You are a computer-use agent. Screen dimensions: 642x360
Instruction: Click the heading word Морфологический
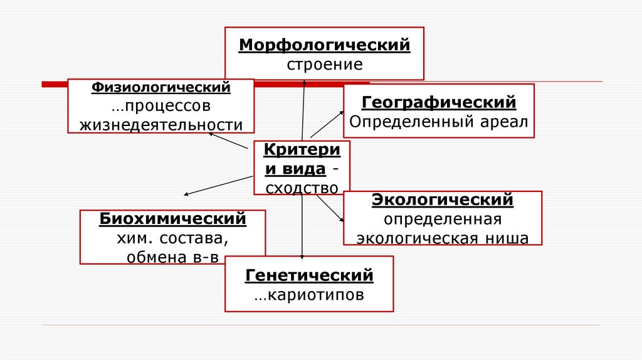pos(324,46)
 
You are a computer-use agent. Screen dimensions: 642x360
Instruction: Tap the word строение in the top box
pos(325,65)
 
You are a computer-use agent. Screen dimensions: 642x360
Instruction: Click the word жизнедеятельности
pos(161,124)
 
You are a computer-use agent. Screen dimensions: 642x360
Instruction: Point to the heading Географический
pos(439,102)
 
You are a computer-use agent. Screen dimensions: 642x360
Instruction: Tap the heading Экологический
pos(443,200)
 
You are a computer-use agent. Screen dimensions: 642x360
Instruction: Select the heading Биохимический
pos(172,220)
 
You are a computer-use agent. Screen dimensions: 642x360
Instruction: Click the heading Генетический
pos(309,275)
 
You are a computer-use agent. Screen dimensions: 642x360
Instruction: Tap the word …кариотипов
pos(309,295)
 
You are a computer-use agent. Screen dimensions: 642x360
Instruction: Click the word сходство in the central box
pos(302,188)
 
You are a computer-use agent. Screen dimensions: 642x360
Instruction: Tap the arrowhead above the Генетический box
pos(302,256)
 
